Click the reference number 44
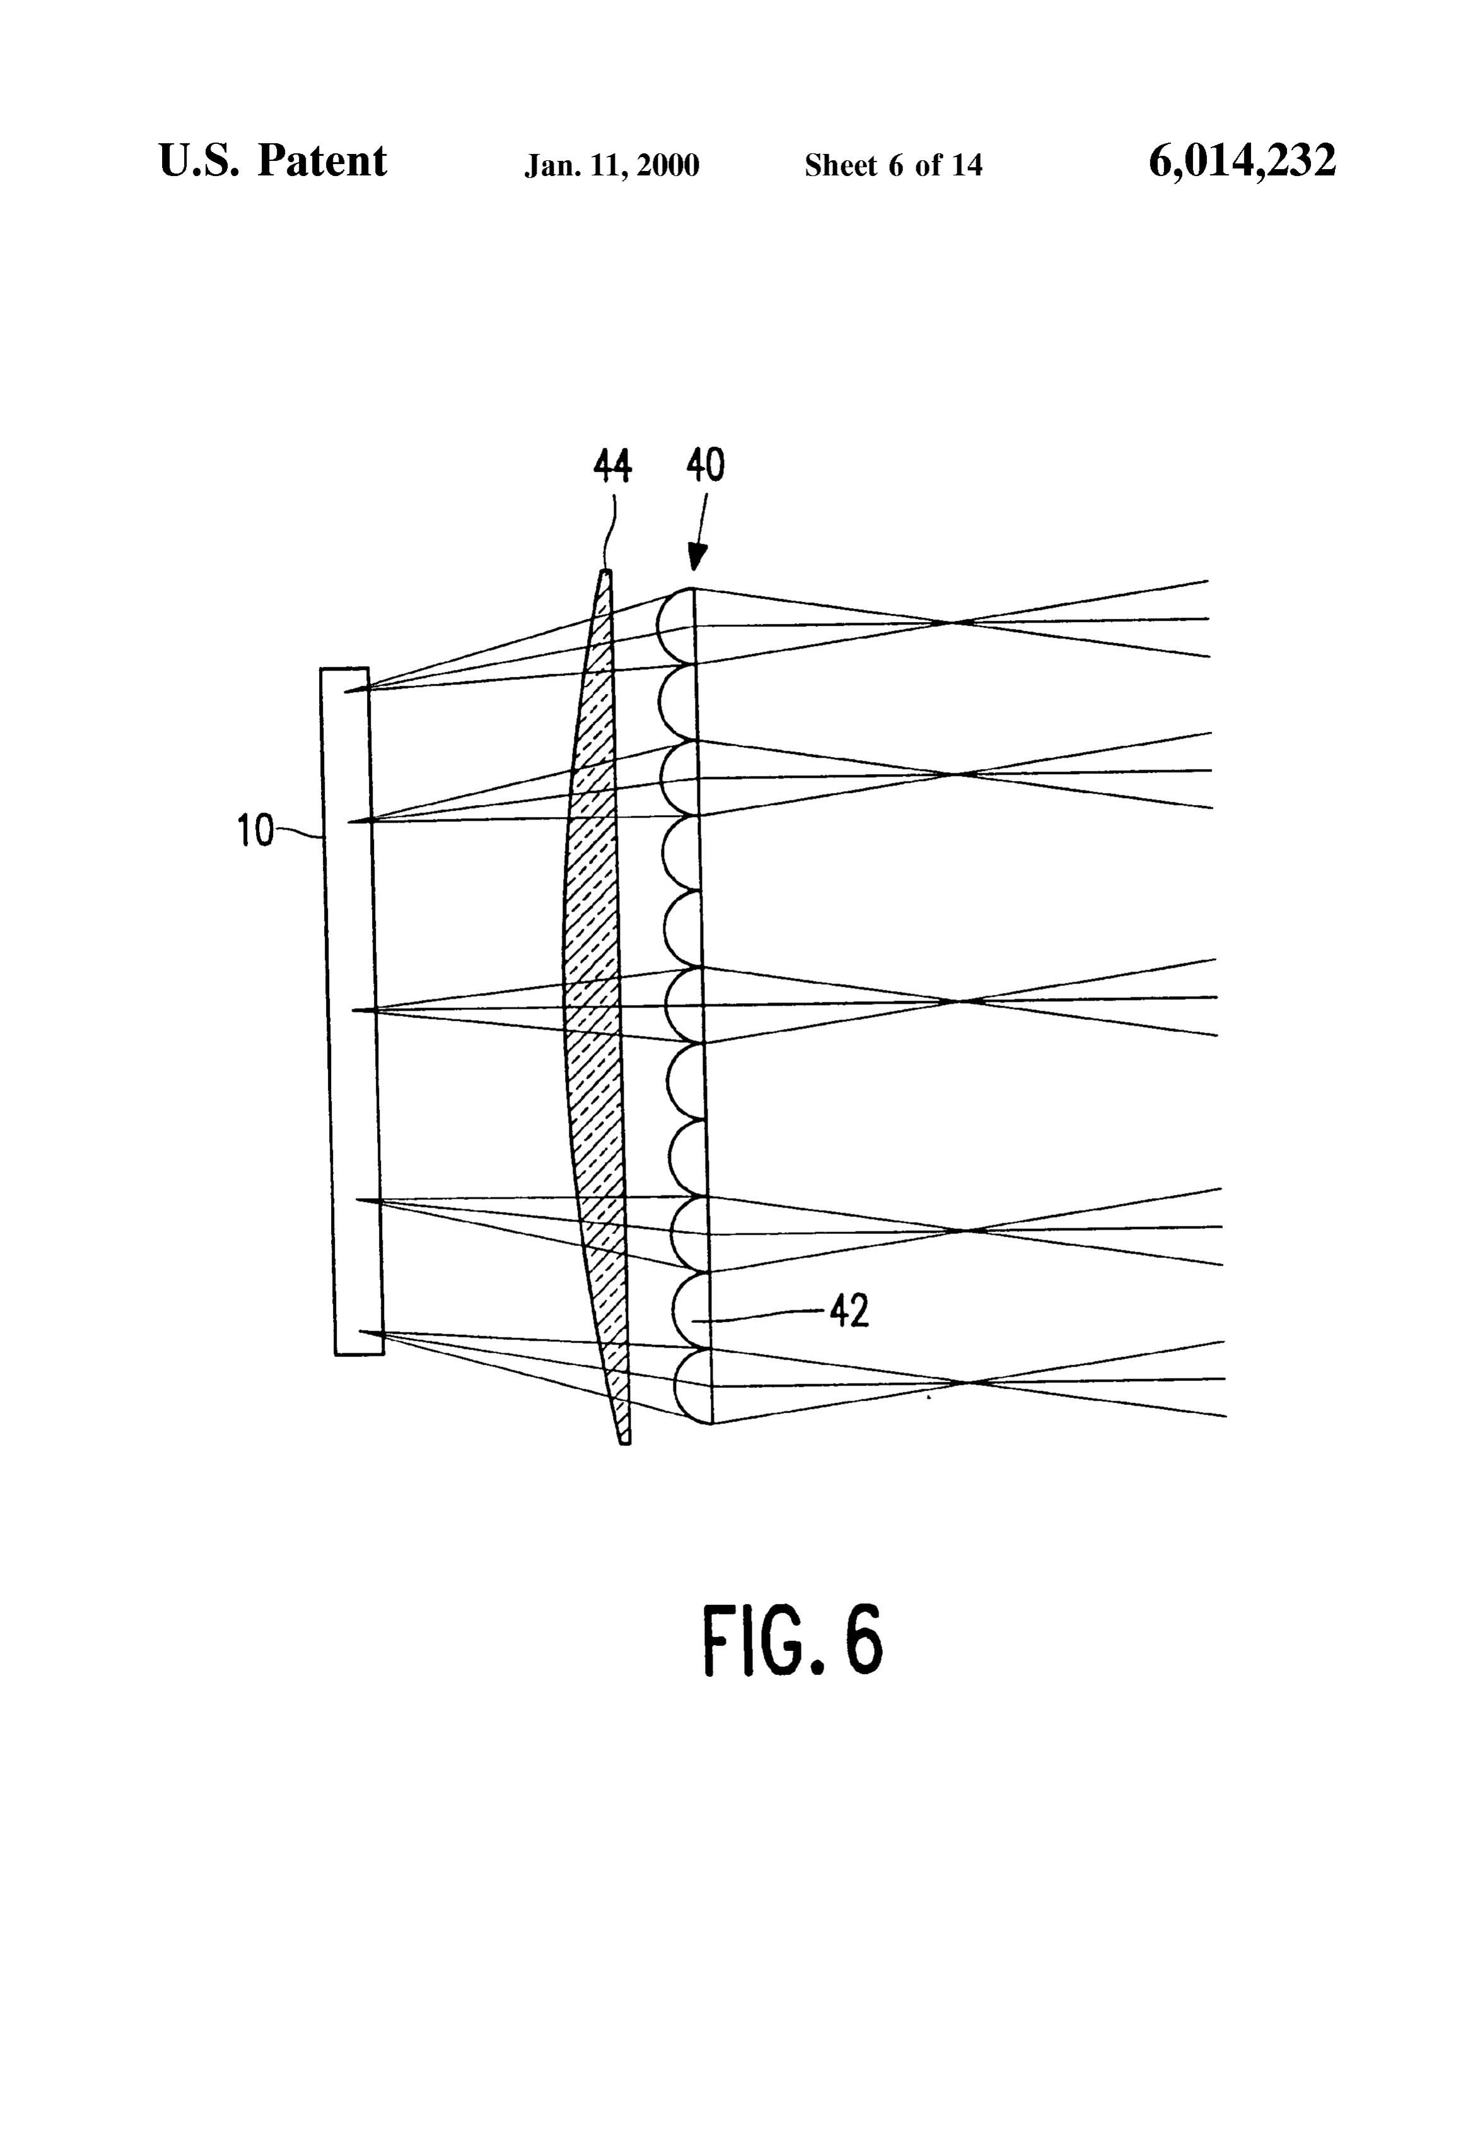tap(612, 467)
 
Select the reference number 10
tap(256, 831)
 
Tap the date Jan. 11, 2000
tap(612, 165)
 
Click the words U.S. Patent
tap(273, 161)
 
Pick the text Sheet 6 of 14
tap(894, 165)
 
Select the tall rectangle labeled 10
tap(353, 1011)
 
